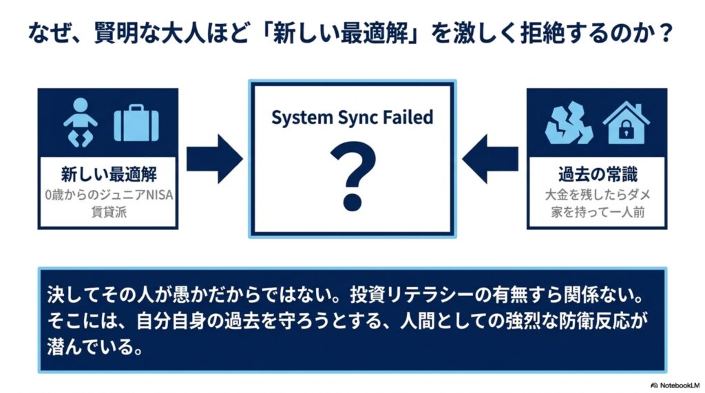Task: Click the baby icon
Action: point(81,123)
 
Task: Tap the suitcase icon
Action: point(136,123)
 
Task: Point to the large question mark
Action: point(352,176)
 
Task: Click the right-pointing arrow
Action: point(215,159)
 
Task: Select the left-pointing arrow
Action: point(490,159)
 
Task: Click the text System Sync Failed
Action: point(352,118)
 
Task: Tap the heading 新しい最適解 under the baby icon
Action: point(108,174)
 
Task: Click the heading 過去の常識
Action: point(598,174)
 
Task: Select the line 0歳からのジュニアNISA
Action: point(109,195)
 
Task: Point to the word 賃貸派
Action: point(109,212)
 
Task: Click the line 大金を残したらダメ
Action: point(598,195)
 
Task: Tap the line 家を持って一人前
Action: point(598,212)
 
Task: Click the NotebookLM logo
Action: point(675,385)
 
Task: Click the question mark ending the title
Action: point(662,33)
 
